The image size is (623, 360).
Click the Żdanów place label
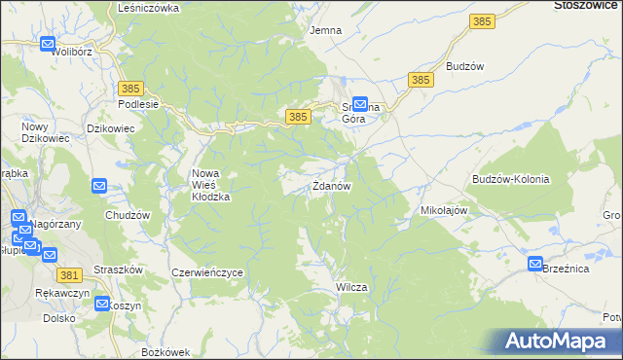click(x=331, y=186)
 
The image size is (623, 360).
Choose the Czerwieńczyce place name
click(x=206, y=273)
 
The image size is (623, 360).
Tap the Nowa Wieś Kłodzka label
click(x=209, y=185)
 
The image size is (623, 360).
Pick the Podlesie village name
click(x=137, y=104)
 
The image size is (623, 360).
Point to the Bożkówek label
click(x=163, y=350)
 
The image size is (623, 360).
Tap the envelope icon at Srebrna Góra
click(x=359, y=102)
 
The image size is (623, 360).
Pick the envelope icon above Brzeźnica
click(x=535, y=264)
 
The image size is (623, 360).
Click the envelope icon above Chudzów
click(x=99, y=186)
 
